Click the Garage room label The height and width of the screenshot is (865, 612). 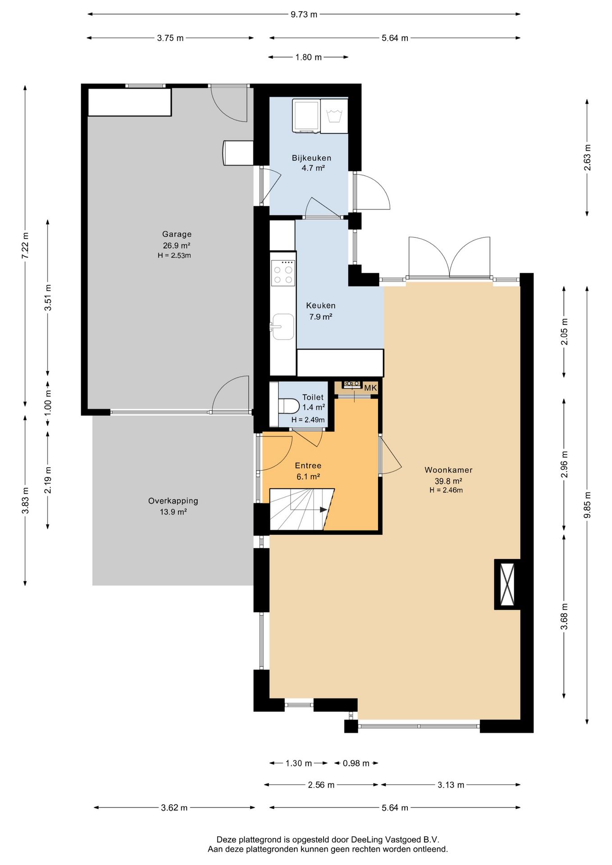point(177,234)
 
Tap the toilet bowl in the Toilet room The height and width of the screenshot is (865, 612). point(289,406)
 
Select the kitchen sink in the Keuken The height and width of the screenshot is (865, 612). point(283,327)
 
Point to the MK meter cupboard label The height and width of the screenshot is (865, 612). point(370,388)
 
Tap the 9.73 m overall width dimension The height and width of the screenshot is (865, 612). point(304,14)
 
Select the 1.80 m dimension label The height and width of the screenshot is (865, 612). point(309,57)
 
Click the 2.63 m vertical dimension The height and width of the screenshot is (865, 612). point(587,158)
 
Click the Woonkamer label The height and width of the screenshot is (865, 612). point(448,470)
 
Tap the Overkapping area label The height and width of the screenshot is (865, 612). point(173,501)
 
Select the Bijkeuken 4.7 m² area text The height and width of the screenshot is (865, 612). point(313,168)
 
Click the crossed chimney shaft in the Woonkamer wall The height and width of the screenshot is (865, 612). point(507,584)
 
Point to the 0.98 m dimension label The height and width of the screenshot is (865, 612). point(356,763)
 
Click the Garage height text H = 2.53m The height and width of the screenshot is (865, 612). point(174,255)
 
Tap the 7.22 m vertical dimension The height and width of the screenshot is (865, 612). point(25,246)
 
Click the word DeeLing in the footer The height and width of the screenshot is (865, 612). point(367,840)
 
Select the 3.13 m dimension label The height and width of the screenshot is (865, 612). point(451,785)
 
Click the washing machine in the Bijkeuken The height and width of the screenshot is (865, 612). point(306,116)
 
